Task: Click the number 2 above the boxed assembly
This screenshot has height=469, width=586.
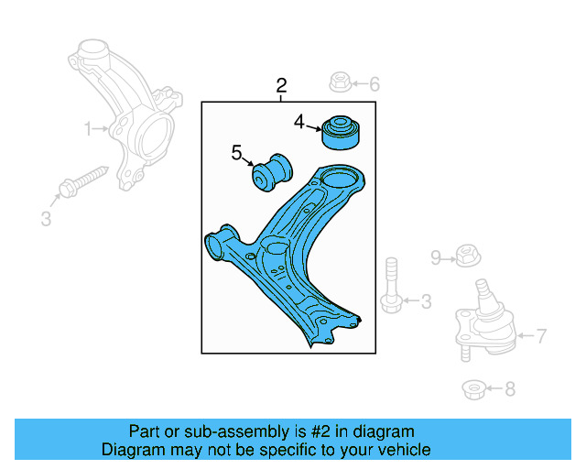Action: pyautogui.click(x=281, y=86)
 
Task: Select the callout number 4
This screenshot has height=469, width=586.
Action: pyautogui.click(x=299, y=122)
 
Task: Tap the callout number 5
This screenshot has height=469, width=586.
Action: pyautogui.click(x=236, y=153)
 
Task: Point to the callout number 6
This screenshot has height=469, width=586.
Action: pyautogui.click(x=374, y=84)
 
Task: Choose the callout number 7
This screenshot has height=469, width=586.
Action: pyautogui.click(x=541, y=336)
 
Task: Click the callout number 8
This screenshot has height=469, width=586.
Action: pyautogui.click(x=510, y=389)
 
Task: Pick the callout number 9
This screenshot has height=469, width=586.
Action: pyautogui.click(x=437, y=256)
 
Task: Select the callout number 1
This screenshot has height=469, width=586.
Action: pyautogui.click(x=89, y=129)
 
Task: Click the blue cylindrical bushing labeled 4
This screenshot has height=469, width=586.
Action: pyautogui.click(x=341, y=132)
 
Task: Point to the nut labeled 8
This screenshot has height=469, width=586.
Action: pyautogui.click(x=473, y=390)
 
